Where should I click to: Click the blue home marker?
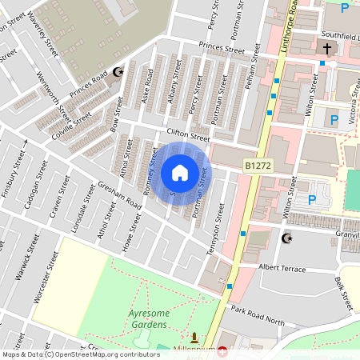pos(180,172)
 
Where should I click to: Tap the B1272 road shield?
pos(258,165)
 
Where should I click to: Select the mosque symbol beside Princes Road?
pos(118,73)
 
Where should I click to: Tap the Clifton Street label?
pos(187,135)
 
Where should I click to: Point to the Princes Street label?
pos(222,50)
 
